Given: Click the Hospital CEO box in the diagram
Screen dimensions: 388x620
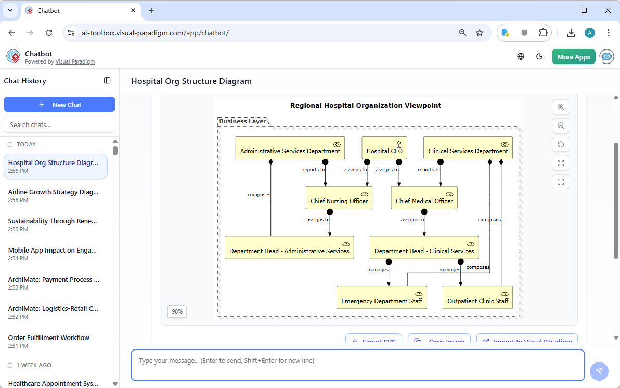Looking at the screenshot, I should click(x=384, y=148).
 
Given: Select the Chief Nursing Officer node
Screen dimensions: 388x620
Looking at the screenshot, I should click(x=339, y=198).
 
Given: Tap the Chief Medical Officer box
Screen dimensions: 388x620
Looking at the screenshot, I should click(x=424, y=198).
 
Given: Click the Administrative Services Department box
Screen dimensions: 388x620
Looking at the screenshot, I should click(x=290, y=148).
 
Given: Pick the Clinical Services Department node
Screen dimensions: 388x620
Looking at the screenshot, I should click(x=468, y=148).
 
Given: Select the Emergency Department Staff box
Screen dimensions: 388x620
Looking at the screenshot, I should click(x=381, y=297).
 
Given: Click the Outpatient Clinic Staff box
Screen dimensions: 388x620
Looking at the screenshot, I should click(x=477, y=297).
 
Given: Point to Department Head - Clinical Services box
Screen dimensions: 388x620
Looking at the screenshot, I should click(x=424, y=248).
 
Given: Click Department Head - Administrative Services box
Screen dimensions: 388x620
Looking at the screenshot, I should click(x=289, y=248).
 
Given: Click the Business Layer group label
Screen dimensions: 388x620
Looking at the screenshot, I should click(x=242, y=121).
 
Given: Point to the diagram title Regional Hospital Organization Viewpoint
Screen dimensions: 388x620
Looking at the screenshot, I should click(x=365, y=105).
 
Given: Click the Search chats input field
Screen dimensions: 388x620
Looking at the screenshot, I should click(x=59, y=124).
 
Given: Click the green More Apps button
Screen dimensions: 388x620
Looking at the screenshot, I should click(x=573, y=57).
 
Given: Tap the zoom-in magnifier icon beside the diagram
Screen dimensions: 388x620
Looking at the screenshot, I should click(x=561, y=107).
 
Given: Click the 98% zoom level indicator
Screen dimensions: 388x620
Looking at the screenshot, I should click(x=177, y=311).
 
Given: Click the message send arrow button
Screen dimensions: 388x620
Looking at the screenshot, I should click(x=599, y=371).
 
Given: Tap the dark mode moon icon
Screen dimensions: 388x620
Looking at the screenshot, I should click(x=539, y=57).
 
